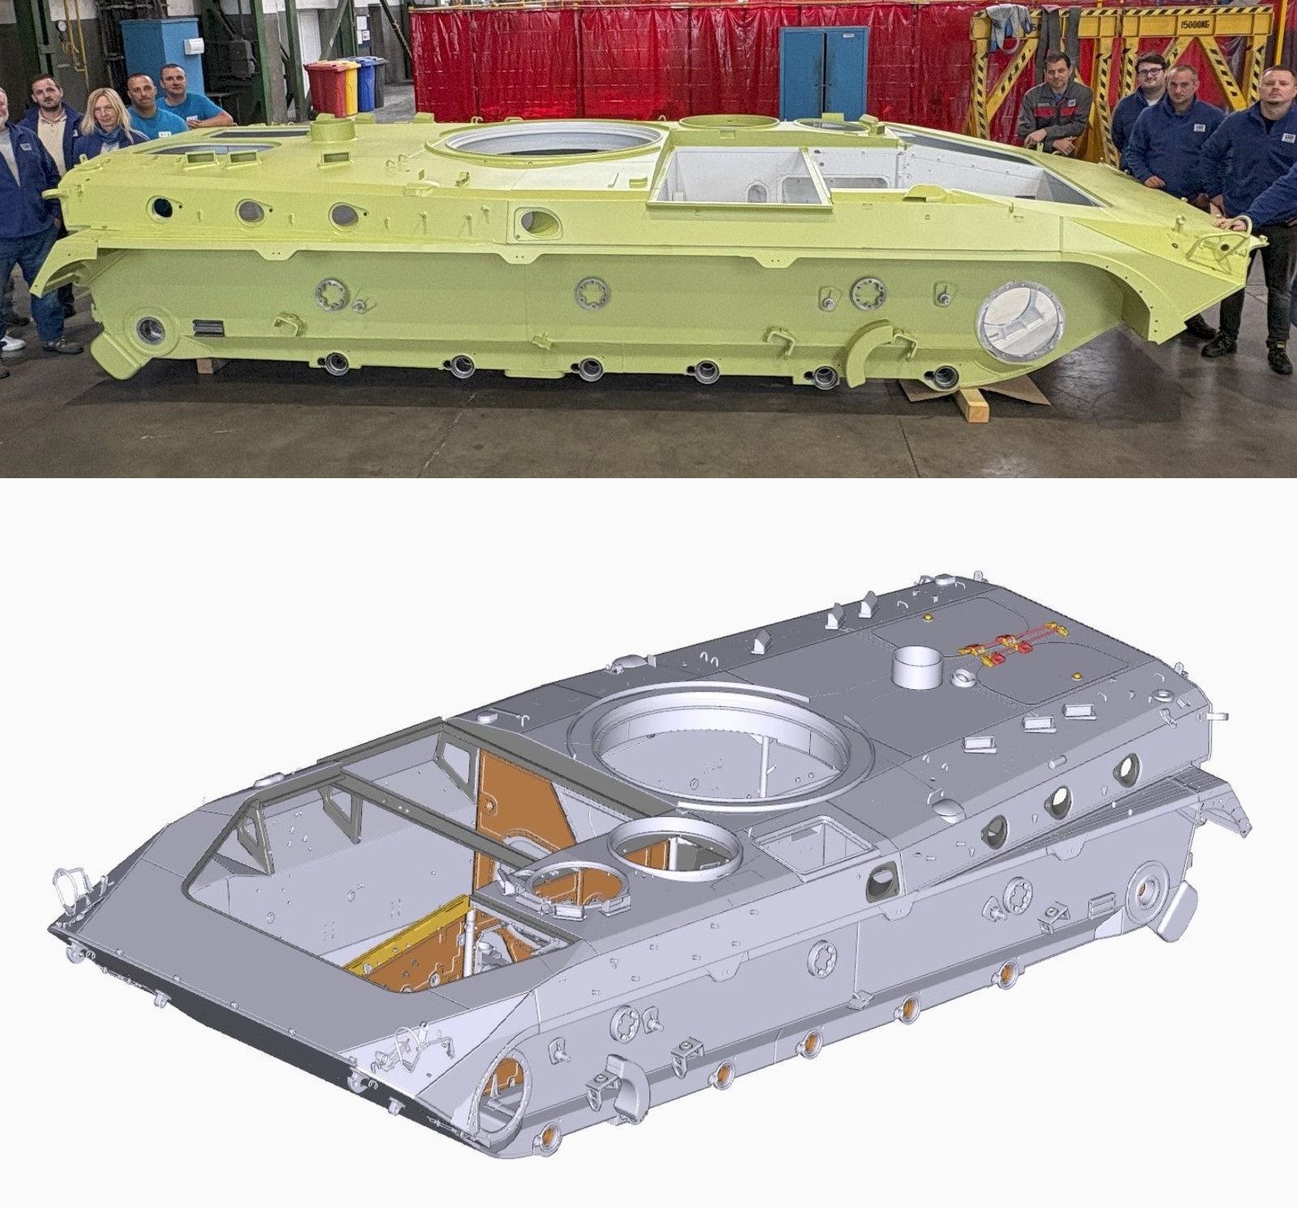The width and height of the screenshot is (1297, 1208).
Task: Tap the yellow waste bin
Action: [x=347, y=85]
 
